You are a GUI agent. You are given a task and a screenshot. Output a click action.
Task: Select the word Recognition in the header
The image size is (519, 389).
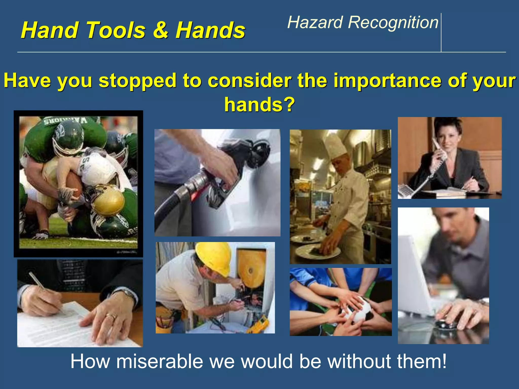(x=393, y=22)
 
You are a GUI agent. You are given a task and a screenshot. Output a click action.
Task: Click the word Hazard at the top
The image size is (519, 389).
(x=315, y=22)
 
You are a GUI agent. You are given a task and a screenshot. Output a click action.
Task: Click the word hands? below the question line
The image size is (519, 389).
(x=259, y=104)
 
